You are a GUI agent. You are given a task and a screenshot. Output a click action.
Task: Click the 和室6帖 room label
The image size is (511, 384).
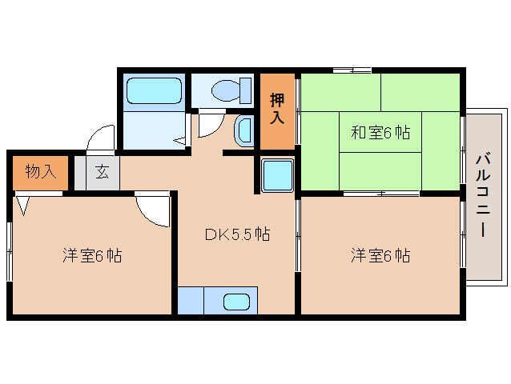(380, 133)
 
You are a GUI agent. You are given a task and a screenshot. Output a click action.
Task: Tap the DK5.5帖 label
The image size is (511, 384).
(236, 234)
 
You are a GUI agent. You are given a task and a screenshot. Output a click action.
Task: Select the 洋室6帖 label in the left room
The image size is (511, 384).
(93, 256)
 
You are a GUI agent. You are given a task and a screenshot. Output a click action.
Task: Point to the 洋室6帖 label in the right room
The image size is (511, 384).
(380, 256)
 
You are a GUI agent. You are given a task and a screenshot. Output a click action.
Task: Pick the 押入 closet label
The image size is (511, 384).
(277, 109)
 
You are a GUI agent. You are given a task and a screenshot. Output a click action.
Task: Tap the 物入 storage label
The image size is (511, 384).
(39, 171)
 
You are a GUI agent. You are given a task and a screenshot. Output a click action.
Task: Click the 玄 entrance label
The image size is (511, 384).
(103, 171)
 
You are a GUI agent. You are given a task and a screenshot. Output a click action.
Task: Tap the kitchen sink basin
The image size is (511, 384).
(236, 302)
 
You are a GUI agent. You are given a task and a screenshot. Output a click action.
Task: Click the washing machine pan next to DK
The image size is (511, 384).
(278, 174)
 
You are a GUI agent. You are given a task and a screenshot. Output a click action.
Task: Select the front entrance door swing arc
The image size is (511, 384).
(101, 136)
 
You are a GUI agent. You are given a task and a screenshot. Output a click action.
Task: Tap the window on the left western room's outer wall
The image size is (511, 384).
(10, 251)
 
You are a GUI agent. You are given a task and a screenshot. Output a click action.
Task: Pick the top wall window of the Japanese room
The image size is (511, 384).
(352, 70)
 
